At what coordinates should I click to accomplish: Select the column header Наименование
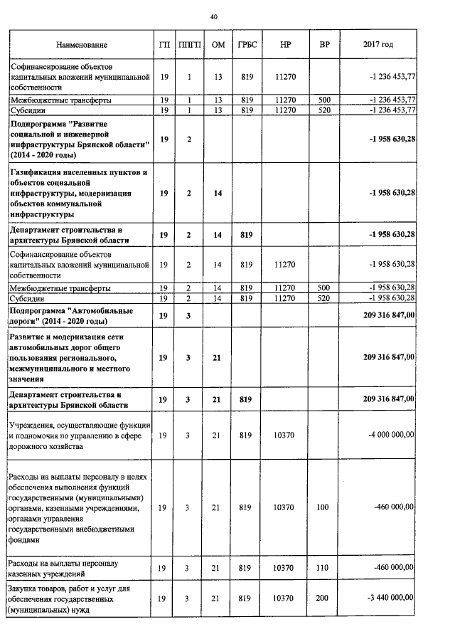82,45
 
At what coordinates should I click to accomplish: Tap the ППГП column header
189,45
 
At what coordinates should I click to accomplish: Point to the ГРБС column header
247,45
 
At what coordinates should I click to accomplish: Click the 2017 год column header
378,45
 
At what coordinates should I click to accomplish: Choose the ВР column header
325,45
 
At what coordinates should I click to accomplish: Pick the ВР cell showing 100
325,507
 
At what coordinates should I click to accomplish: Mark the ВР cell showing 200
325,599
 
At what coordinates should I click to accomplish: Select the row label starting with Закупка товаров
76,599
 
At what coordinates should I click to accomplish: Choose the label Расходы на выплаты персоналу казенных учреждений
68,567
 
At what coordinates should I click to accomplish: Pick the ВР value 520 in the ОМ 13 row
325,110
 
